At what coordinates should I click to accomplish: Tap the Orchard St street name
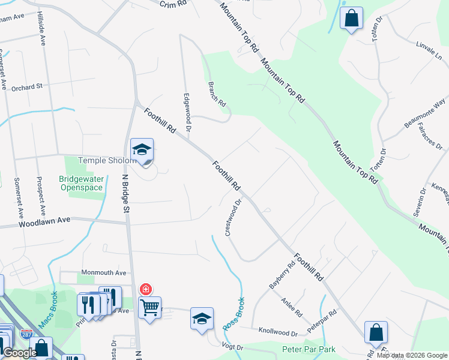tap(26, 87)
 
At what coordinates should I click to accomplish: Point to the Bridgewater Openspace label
tap(82, 183)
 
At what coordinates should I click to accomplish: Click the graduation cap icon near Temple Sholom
tap(142, 150)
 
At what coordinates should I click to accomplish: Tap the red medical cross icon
tap(145, 290)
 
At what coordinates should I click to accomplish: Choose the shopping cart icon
tap(149, 308)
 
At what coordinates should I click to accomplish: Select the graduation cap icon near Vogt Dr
tap(202, 319)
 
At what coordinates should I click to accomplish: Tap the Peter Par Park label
tap(309, 349)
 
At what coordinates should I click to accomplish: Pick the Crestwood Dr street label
tap(233, 218)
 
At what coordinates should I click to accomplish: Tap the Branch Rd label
tap(216, 94)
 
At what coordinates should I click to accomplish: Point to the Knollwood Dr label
tap(278, 332)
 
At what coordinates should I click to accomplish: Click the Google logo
tap(20, 353)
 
